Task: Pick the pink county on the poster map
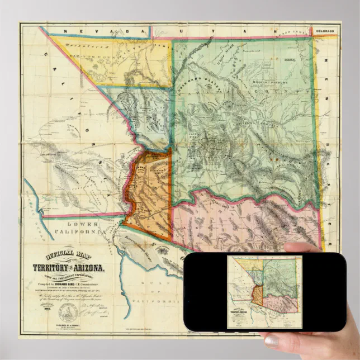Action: pyautogui.click(x=246, y=218)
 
